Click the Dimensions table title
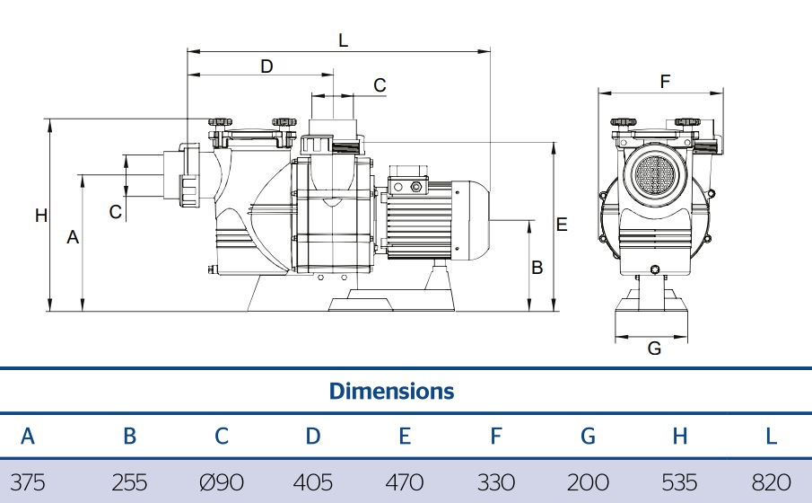tap(391, 392)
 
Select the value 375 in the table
tap(28, 482)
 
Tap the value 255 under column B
tap(129, 482)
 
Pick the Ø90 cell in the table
tap(222, 482)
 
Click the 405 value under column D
tap(313, 482)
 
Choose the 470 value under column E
tap(405, 482)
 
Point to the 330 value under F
tap(496, 482)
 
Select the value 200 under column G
tap(588, 482)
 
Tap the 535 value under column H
tap(679, 482)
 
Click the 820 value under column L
tap(771, 482)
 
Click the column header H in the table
tap(679, 437)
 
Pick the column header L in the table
tap(771, 437)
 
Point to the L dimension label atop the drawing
tap(343, 40)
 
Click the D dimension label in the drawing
tap(266, 66)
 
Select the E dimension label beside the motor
tap(562, 225)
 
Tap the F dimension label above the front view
tap(665, 82)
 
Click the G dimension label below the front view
tap(654, 348)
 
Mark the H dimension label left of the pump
tap(40, 216)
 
